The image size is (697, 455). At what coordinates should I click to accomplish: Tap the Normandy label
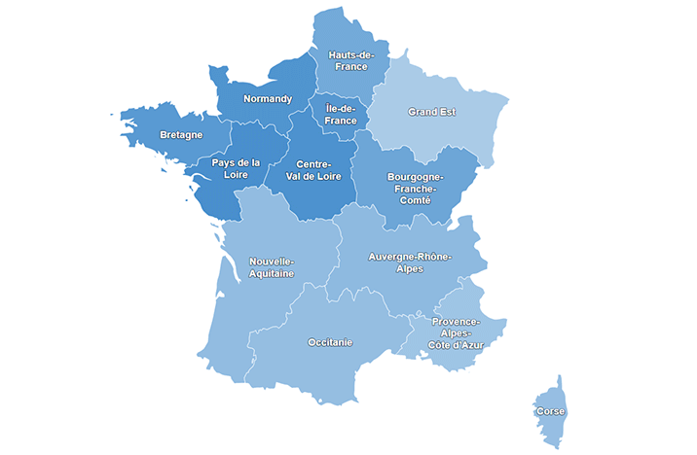pyautogui.click(x=267, y=99)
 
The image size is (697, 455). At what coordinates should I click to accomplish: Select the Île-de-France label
pyautogui.click(x=341, y=115)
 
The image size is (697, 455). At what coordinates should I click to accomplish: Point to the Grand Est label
pyautogui.click(x=431, y=112)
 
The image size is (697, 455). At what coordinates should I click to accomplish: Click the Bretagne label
pyautogui.click(x=181, y=134)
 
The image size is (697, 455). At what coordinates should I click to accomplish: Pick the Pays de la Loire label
pyautogui.click(x=237, y=168)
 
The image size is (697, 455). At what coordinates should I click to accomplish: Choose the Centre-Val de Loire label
pyautogui.click(x=314, y=169)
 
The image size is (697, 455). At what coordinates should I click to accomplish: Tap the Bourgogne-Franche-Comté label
pyautogui.click(x=415, y=188)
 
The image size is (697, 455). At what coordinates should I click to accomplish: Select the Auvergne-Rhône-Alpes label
pyautogui.click(x=410, y=262)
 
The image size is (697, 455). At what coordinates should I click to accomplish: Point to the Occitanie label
pyautogui.click(x=330, y=342)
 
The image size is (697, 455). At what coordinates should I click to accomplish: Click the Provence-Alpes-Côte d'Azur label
pyautogui.click(x=456, y=332)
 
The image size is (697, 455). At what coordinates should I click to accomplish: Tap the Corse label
pyautogui.click(x=550, y=412)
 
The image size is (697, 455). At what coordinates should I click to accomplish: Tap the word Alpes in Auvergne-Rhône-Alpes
pyautogui.click(x=410, y=269)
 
